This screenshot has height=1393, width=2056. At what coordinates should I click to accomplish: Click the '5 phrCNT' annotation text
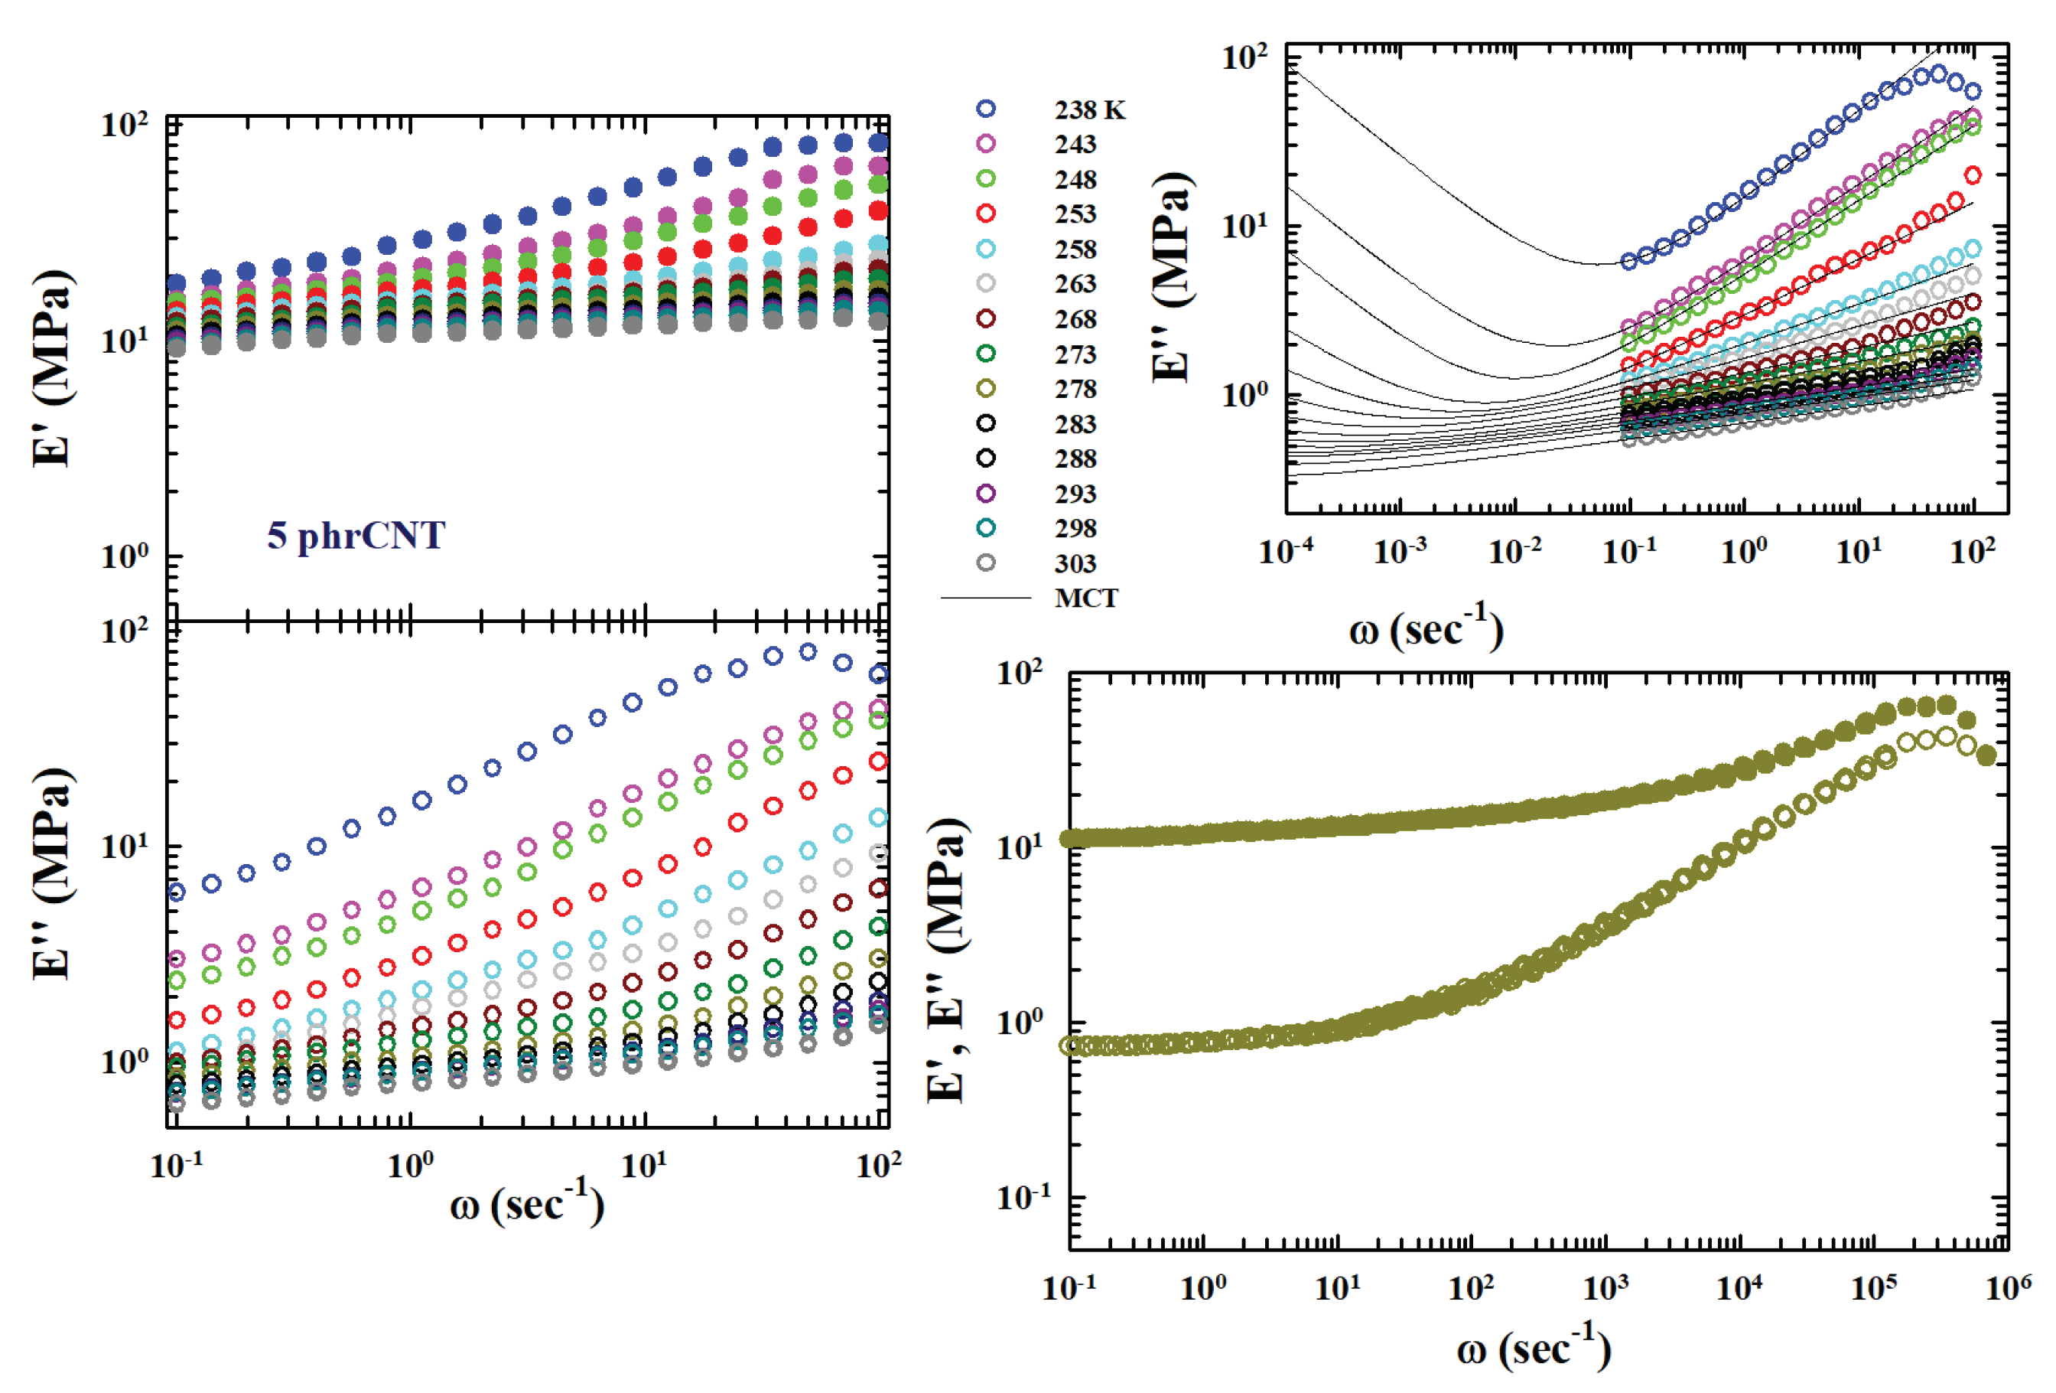click(356, 536)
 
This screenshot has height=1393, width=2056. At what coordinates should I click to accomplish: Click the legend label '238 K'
click(1089, 109)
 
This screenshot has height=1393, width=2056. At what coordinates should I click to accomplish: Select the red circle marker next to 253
click(985, 214)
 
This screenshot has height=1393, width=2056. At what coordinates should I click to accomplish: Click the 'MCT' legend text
click(1085, 599)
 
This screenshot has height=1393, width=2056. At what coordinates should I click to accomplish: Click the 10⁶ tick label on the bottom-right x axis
click(2007, 1286)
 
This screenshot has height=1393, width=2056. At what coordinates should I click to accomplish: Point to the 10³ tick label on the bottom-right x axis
click(1605, 1286)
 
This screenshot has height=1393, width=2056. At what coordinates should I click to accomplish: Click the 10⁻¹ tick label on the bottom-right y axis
click(1023, 1197)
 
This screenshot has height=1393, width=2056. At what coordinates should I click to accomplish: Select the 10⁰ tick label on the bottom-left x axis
click(411, 1165)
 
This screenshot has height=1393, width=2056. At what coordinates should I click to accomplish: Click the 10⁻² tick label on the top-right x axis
click(1514, 550)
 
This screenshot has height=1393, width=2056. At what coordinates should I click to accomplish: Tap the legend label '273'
click(1075, 354)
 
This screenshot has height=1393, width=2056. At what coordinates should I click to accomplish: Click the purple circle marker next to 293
click(985, 493)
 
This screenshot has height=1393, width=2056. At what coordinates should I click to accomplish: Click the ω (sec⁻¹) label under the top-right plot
click(1426, 630)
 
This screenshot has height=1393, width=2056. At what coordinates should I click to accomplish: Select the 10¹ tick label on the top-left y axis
click(124, 339)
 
